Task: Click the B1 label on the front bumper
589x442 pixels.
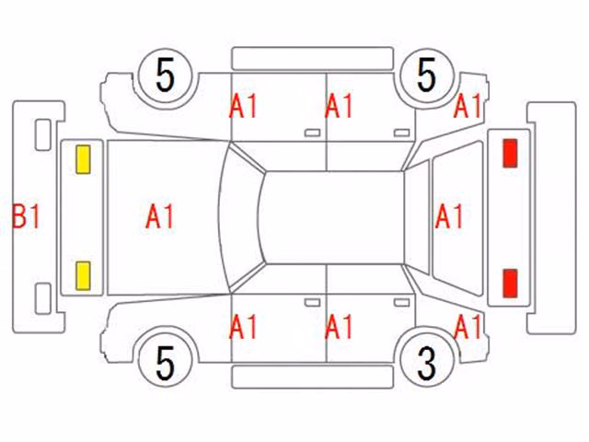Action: coord(26,216)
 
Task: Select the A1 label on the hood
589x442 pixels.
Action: coord(159,216)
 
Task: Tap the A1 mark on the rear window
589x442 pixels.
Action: coord(449,216)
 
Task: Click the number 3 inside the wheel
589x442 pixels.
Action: coord(427,363)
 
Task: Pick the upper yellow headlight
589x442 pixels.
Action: coord(83,159)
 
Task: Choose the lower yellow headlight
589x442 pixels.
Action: coord(83,276)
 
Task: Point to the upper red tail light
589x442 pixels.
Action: coord(510,153)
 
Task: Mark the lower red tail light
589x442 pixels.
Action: coord(510,284)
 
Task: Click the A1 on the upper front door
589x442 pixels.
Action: coord(243,107)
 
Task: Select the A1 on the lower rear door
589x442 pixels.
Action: coord(339,327)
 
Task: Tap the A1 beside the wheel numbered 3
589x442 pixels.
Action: coord(468,327)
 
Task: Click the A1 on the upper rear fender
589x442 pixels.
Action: coord(468,107)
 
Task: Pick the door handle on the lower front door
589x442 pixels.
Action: coord(312,303)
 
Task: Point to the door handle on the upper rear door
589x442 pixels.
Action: coord(401,133)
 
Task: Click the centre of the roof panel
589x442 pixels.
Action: coord(333,217)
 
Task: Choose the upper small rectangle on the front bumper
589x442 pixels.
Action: coord(43,135)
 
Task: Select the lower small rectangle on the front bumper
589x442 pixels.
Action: coord(43,298)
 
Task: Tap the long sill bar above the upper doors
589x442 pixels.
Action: coord(313,58)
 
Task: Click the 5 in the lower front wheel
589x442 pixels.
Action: coord(166,363)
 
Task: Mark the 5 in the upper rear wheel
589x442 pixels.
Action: coord(427,75)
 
